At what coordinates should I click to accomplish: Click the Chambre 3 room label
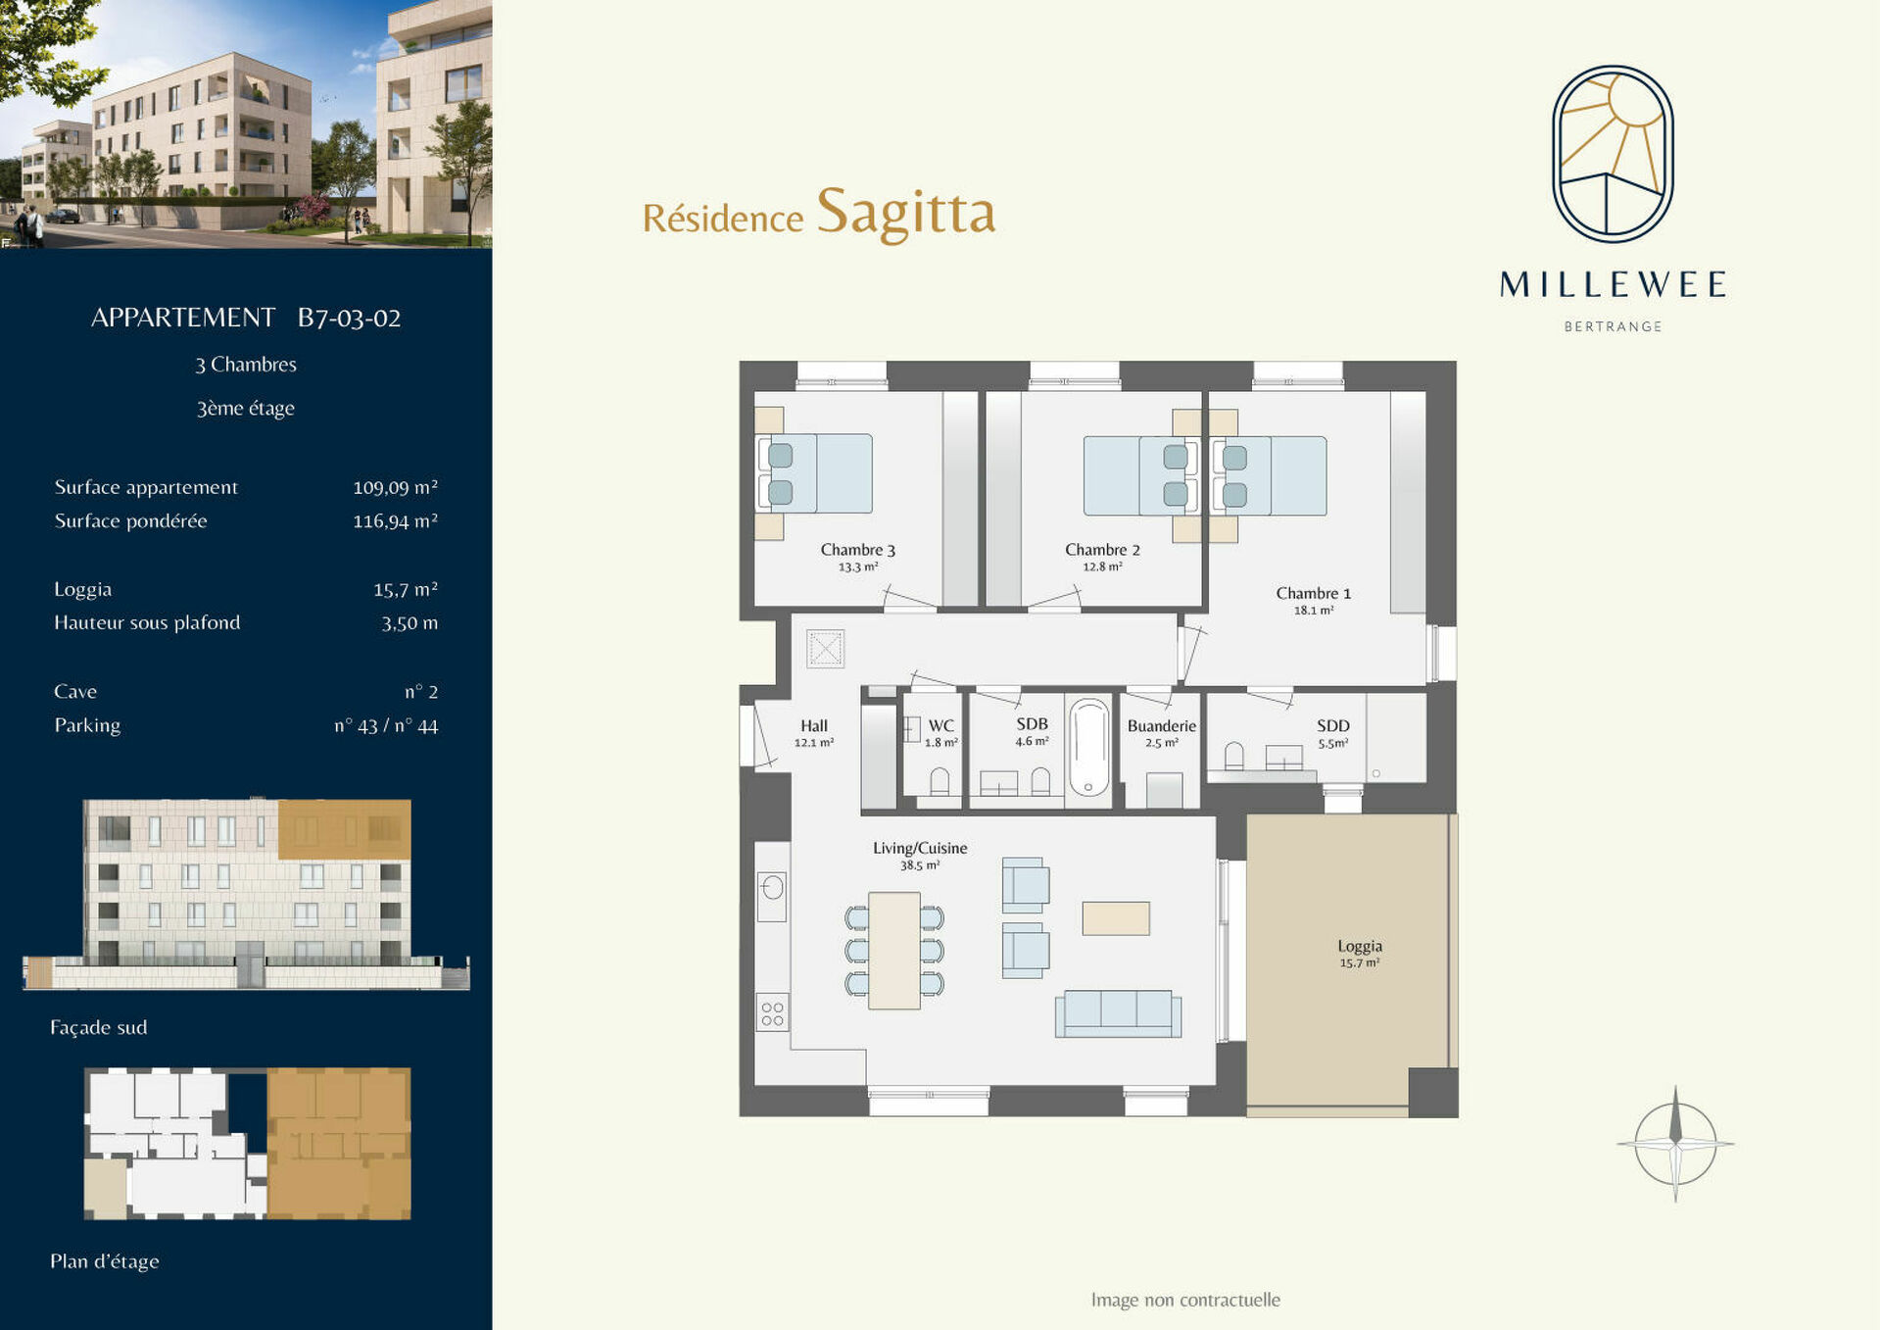pyautogui.click(x=858, y=550)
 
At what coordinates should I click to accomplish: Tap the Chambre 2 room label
pyautogui.click(x=1102, y=550)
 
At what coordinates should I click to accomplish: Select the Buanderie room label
pyautogui.click(x=1162, y=726)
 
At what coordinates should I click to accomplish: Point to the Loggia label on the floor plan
pyautogui.click(x=1360, y=946)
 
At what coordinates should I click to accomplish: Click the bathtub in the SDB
pyautogui.click(x=1088, y=748)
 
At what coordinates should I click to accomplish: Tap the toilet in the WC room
pyautogui.click(x=940, y=781)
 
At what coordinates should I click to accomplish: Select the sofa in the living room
pyautogui.click(x=1118, y=1013)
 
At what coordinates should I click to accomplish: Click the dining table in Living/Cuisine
pyautogui.click(x=894, y=951)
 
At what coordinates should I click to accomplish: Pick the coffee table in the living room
pyautogui.click(x=1116, y=918)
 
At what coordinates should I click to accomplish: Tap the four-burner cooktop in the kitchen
pyautogui.click(x=772, y=1012)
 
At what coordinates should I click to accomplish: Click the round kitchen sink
pyautogui.click(x=773, y=888)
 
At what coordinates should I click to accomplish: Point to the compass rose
pyautogui.click(x=1675, y=1144)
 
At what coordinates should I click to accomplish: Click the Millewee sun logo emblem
pyautogui.click(x=1613, y=154)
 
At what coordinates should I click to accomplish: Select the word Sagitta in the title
pyautogui.click(x=906, y=212)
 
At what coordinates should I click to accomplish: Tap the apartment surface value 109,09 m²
pyautogui.click(x=395, y=487)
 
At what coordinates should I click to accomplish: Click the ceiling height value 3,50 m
pyautogui.click(x=410, y=622)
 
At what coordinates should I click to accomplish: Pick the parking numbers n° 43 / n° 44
pyautogui.click(x=386, y=726)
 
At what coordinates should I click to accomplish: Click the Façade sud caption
pyautogui.click(x=99, y=1027)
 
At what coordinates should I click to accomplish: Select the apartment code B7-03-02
pyautogui.click(x=350, y=318)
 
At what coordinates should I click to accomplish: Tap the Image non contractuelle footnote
pyautogui.click(x=1185, y=1300)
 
